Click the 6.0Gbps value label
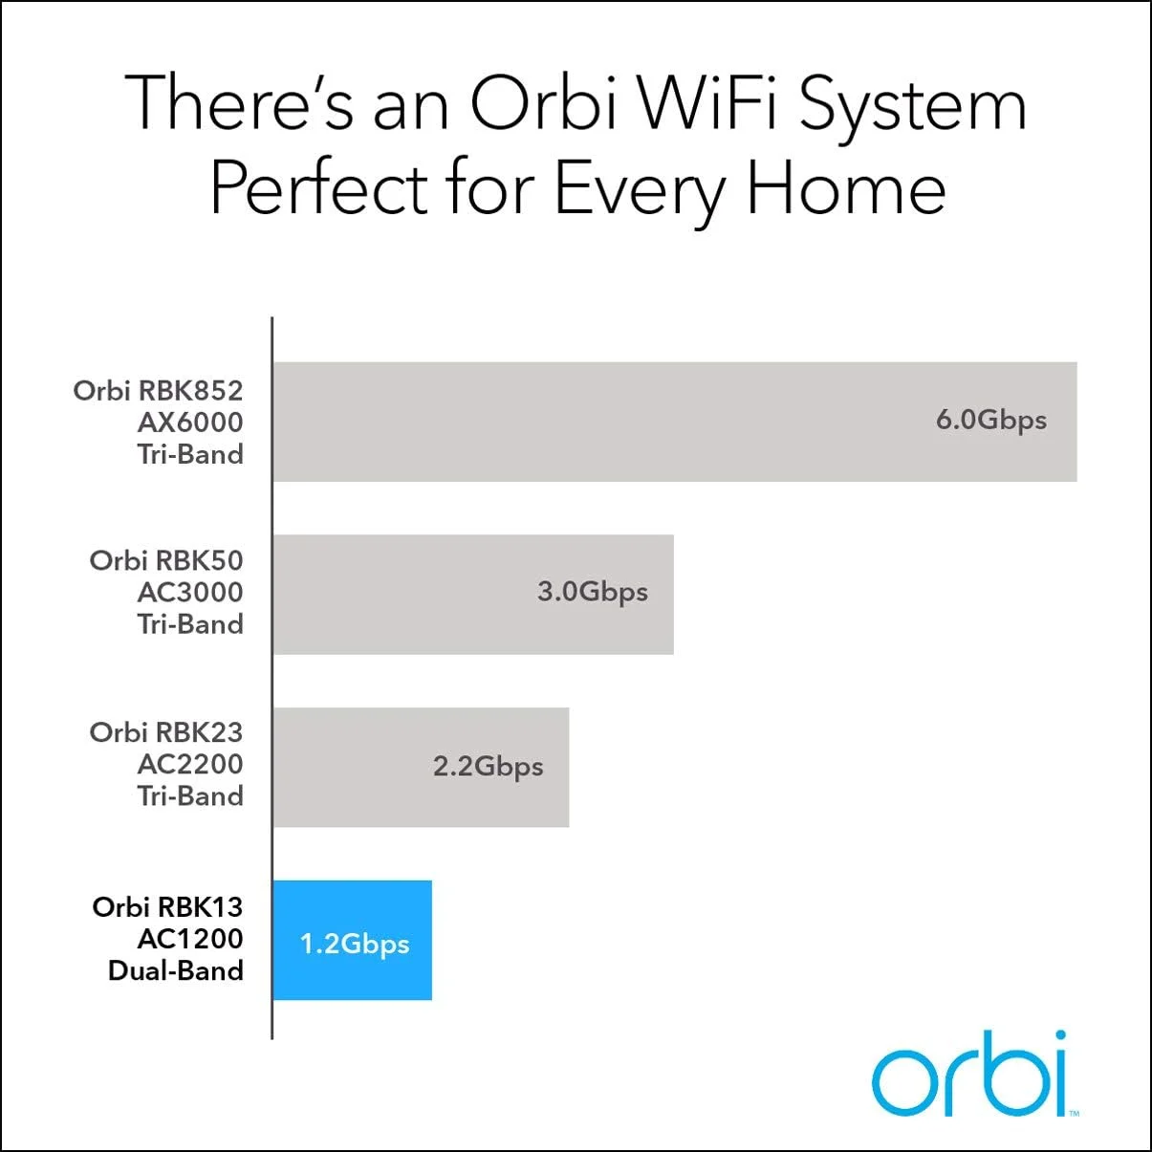990,421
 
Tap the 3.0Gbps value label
592,592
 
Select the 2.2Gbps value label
488,767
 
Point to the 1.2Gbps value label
355,944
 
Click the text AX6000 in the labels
189,422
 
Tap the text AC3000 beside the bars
189,592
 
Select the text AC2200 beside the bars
189,764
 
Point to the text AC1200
189,939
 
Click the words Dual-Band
176,970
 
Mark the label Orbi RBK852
158,390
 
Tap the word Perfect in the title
319,188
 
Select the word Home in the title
846,188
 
